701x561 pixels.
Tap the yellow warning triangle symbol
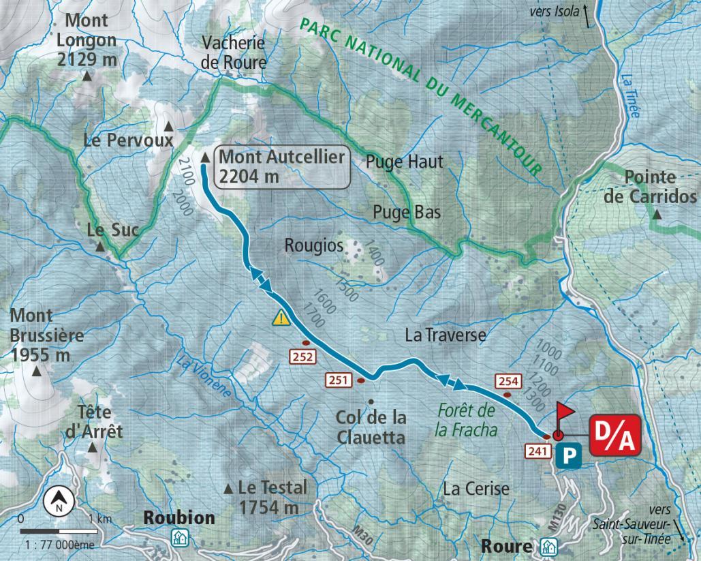coord(281,318)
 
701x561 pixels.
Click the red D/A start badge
coord(614,434)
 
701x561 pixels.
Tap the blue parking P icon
coord(567,456)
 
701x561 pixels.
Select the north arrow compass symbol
coord(59,502)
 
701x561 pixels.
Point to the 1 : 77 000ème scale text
coord(59,545)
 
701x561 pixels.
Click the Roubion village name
coord(178,517)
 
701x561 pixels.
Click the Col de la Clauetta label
coord(371,427)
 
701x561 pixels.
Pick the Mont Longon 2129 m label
coord(87,40)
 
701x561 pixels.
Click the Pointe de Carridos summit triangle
coord(657,215)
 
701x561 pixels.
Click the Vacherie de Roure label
coord(234,52)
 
